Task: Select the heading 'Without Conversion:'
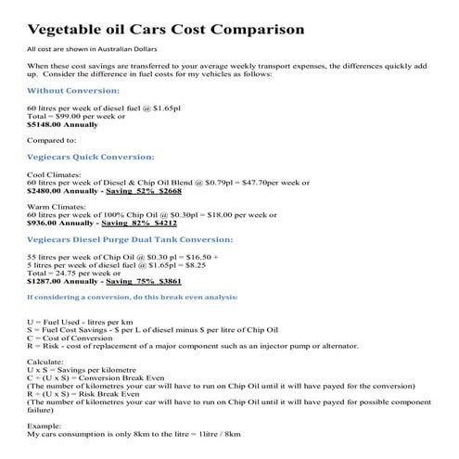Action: coord(73,91)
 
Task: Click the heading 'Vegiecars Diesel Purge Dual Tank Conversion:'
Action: coord(128,239)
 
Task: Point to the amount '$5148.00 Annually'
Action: coord(63,122)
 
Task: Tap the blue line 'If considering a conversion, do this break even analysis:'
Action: coord(132,297)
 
